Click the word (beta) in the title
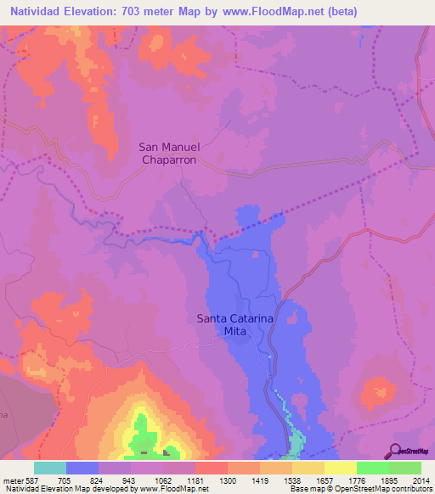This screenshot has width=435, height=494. (338, 12)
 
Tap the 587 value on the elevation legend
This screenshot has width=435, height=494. (33, 480)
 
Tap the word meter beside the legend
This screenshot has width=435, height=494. (11, 480)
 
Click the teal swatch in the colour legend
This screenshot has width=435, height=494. (50, 468)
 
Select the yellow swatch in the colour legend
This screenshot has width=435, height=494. (340, 468)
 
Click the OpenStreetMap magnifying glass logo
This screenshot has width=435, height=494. (396, 452)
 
